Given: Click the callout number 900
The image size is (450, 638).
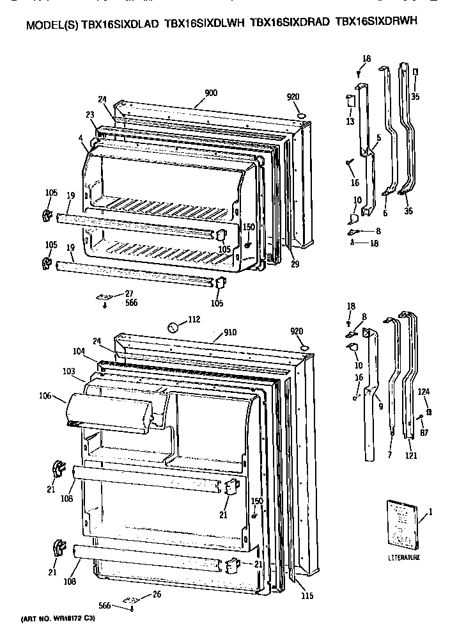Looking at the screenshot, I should (211, 93).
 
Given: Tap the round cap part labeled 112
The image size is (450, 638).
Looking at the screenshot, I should (172, 328).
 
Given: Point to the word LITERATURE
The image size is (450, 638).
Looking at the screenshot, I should (404, 558).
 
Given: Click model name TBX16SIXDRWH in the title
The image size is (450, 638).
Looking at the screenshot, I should (377, 22).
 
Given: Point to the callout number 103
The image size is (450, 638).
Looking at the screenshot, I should (70, 371).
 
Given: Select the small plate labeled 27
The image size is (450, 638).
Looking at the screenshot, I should (102, 297).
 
